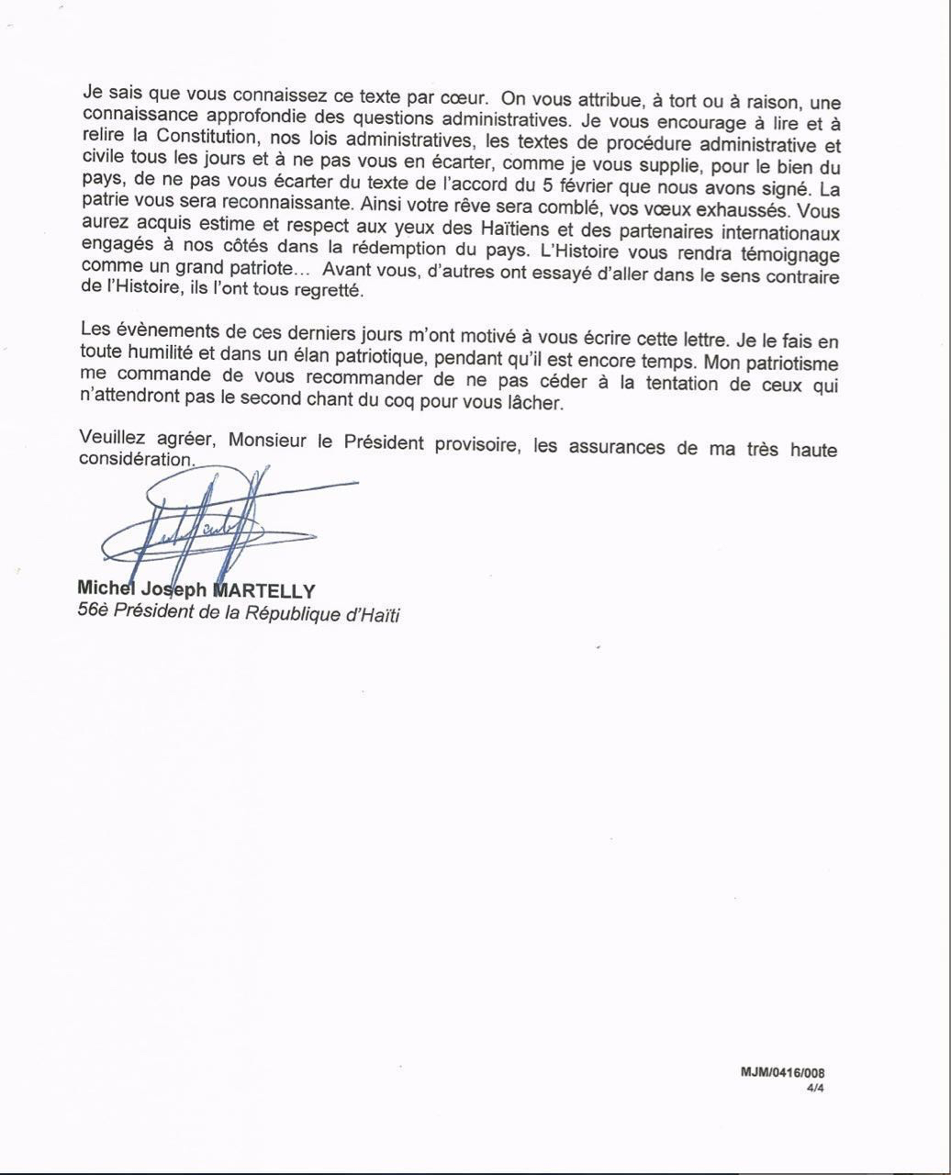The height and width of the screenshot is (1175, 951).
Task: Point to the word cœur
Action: pyautogui.click(x=454, y=96)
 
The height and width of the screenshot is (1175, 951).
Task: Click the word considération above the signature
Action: pyautogui.click(x=137, y=459)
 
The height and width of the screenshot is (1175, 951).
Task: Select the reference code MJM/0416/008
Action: pyautogui.click(x=788, y=1072)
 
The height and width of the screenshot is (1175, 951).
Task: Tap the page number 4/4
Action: pyautogui.click(x=815, y=1087)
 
